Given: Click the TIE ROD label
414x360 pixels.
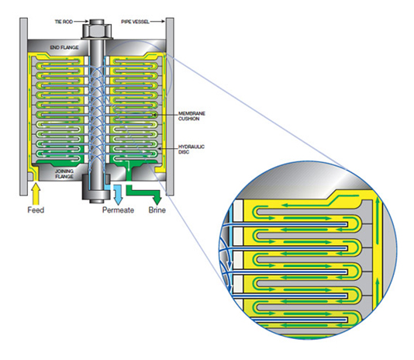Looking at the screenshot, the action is coord(64,22).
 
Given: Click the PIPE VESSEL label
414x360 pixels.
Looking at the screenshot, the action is coord(135,22).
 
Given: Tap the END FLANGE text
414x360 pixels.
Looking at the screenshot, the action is coord(64,47).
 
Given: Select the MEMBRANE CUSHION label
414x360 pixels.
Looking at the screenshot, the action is coord(191,116).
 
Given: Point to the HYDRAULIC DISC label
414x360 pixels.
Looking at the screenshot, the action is coord(191,149).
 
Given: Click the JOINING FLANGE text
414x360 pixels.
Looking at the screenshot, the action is coord(64,174).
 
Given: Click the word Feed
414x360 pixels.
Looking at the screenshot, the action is coord(36,210).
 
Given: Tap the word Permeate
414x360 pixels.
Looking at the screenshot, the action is coord(118,210).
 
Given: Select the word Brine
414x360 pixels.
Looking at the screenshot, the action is coord(157,210).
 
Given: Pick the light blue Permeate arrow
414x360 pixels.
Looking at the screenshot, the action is coord(118,195).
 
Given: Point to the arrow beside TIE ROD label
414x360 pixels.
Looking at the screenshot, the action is coord(81,22).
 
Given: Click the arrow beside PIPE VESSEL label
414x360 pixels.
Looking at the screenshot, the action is coord(158,22).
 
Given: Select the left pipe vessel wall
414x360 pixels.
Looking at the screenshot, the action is coord(23,106).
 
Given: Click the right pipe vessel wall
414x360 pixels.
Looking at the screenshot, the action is coord(170,106).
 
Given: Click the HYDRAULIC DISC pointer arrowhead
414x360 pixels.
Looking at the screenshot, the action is coord(159,150).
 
